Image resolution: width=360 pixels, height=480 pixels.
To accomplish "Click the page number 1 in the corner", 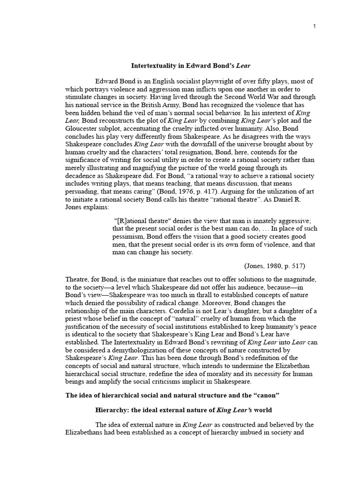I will (x=315, y=26).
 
